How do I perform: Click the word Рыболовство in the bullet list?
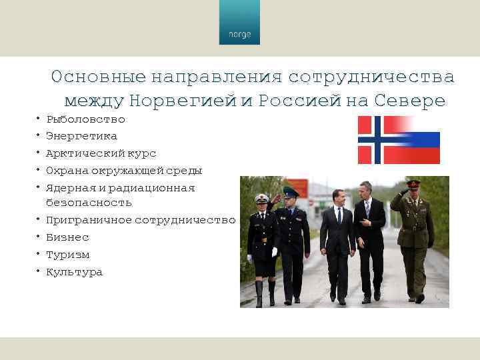85,119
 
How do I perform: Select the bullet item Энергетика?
81,136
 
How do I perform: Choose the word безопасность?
89,202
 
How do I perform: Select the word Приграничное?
89,220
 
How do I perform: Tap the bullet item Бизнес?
67,237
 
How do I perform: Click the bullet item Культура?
74,272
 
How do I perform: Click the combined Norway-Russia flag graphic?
399,140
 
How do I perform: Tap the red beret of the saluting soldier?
413,183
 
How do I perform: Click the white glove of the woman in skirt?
274,251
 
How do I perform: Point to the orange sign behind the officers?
298,189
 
